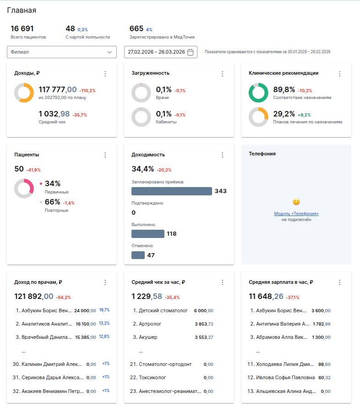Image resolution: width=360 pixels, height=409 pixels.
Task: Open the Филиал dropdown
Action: (62, 52)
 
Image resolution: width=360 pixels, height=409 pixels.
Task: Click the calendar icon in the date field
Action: (191, 52)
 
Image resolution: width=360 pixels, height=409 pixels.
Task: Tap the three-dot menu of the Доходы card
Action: (105, 74)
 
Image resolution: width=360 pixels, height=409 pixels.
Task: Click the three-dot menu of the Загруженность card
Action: (223, 74)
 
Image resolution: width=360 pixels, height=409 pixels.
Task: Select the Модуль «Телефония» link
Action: (296, 214)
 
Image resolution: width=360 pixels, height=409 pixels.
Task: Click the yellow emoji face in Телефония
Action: (296, 202)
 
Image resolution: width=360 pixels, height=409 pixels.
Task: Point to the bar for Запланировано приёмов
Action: (171, 191)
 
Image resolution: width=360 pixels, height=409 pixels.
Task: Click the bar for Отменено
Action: (138, 255)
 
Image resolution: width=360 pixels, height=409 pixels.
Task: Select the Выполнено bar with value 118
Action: (147, 234)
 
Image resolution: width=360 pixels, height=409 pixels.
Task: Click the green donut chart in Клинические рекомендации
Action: (258, 93)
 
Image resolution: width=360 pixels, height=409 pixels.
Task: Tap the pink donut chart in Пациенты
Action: (24, 188)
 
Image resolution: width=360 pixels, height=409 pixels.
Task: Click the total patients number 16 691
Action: (22, 28)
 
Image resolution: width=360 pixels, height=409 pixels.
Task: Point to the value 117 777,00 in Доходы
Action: (58, 89)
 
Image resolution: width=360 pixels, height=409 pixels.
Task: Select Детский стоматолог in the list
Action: (163, 310)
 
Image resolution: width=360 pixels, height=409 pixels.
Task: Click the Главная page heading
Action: (22, 10)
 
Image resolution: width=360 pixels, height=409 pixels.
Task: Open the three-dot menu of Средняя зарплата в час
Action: (340, 282)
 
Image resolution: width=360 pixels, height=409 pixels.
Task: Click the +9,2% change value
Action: (304, 115)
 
